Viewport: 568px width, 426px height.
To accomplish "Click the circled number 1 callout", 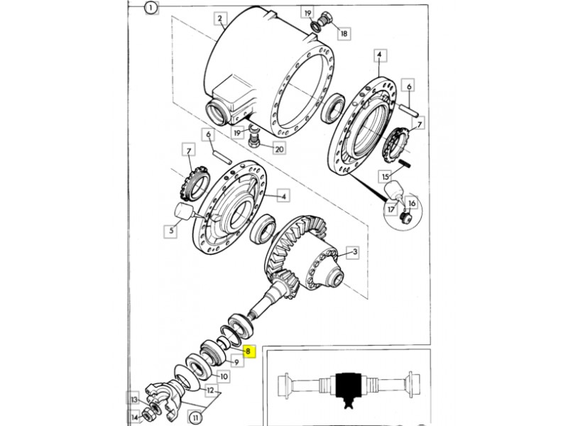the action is tap(151, 7).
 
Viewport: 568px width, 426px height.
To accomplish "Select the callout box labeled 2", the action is tap(220, 18).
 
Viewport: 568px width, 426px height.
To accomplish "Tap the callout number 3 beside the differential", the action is tap(354, 252).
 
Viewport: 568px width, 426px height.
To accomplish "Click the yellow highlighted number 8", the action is tap(248, 351).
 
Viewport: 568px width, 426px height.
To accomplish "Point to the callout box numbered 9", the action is tap(236, 361).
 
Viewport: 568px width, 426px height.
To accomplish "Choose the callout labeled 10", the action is tap(224, 376).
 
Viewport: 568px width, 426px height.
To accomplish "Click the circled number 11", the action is tap(196, 418).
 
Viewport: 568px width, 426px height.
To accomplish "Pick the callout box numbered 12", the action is tap(210, 390).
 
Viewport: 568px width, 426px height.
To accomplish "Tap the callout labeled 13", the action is tap(134, 400).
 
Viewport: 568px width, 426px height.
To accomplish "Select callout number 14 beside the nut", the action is tap(134, 417).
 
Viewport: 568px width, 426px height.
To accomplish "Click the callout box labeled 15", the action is tap(385, 176).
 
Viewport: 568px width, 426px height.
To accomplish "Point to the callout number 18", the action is tap(344, 33).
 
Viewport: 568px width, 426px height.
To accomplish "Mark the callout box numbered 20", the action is tap(279, 148).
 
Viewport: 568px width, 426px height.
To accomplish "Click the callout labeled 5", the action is tap(170, 230).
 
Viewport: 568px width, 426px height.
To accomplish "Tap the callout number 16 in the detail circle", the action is tap(412, 204).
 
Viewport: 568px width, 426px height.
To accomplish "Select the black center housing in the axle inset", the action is tap(349, 386).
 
